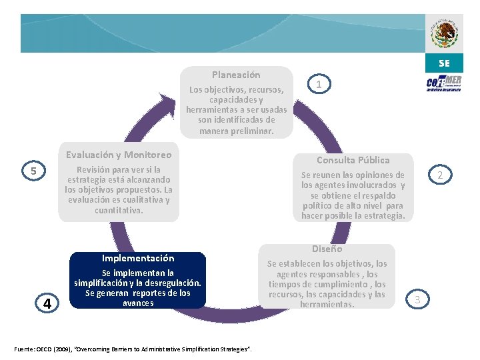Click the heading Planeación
pos(236,75)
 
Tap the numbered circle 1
pos(319,84)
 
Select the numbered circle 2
pos(439,175)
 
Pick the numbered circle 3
pos(417,299)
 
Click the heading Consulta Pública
pos(353,160)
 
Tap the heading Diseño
pos(327,249)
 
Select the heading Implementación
pos(138,258)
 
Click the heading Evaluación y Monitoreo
pos(119,155)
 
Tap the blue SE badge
pos(444,63)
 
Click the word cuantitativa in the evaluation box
pos(119,210)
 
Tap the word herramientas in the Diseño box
pos(327,304)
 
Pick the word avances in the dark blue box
pos(138,303)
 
